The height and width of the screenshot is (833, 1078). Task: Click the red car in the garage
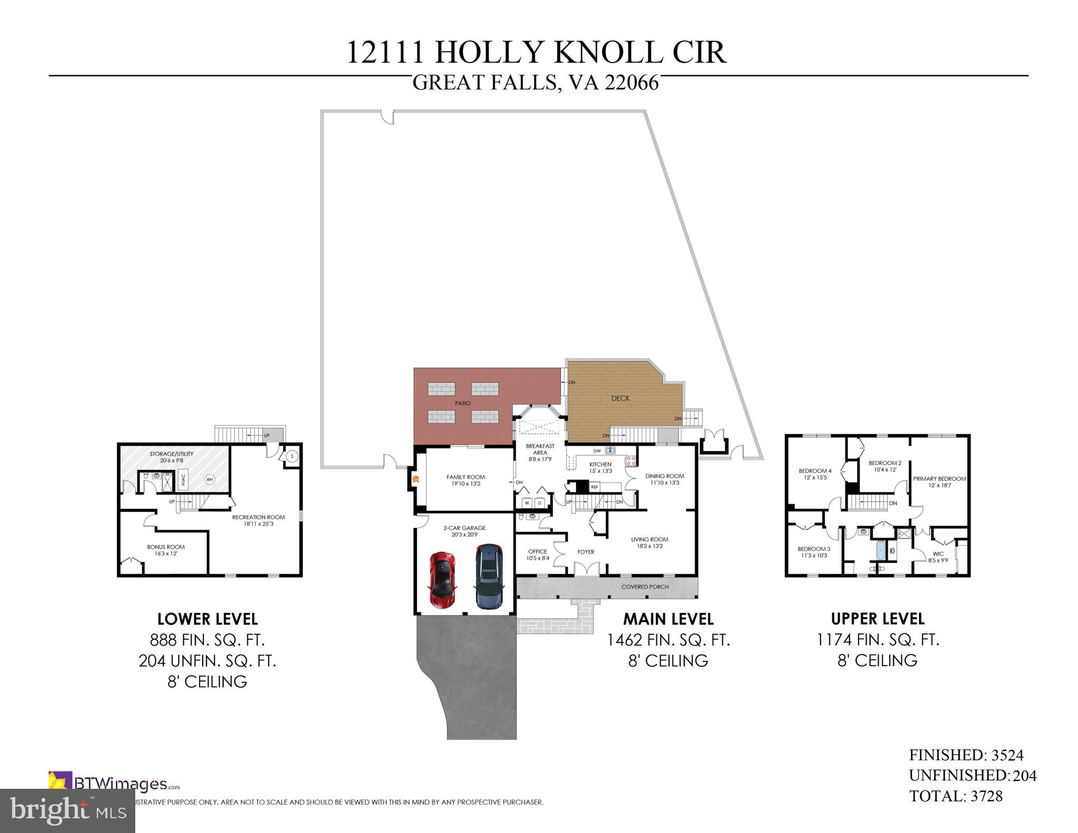[x=443, y=580]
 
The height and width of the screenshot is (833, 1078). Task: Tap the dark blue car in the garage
[x=488, y=576]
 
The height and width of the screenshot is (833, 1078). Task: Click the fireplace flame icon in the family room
[x=415, y=479]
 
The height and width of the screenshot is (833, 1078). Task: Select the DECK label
[x=620, y=398]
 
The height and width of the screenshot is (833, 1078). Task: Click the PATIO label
[x=463, y=403]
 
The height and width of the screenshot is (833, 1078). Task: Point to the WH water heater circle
[x=209, y=479]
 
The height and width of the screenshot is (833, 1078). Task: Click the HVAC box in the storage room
[x=183, y=479]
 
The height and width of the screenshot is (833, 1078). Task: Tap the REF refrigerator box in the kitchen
[x=594, y=487]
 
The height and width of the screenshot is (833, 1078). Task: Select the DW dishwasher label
[x=597, y=450]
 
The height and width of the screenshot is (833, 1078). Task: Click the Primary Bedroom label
[x=940, y=479]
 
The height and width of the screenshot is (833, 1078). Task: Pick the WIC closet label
[x=938, y=554]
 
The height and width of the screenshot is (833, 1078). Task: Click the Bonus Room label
[x=166, y=547]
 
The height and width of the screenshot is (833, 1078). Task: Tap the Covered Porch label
[x=645, y=587]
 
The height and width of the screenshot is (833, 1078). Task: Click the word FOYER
[x=585, y=552]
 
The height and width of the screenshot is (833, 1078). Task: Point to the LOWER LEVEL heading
[x=207, y=619]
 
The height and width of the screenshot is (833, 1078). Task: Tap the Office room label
[x=537, y=551]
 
